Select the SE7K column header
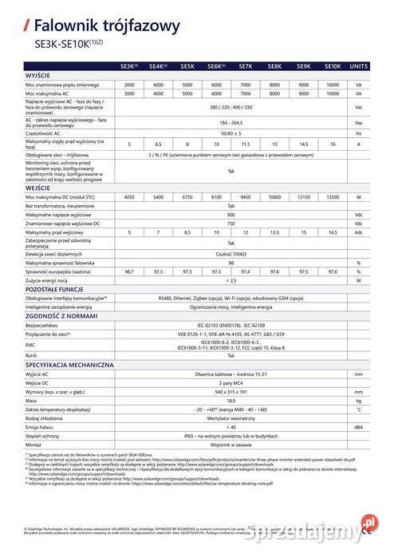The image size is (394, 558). tap(246, 67)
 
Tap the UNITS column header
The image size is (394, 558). tap(359, 67)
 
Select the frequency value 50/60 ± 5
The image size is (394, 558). tap(231, 133)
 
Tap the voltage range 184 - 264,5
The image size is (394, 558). tap(231, 123)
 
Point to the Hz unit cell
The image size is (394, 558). tap(359, 133)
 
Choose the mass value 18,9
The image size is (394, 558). tap(231, 401)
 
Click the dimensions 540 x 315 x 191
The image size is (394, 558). tap(231, 392)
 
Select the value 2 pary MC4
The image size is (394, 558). tap(231, 382)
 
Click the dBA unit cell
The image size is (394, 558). tap(359, 427)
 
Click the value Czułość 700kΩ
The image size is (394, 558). tap(231, 252)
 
